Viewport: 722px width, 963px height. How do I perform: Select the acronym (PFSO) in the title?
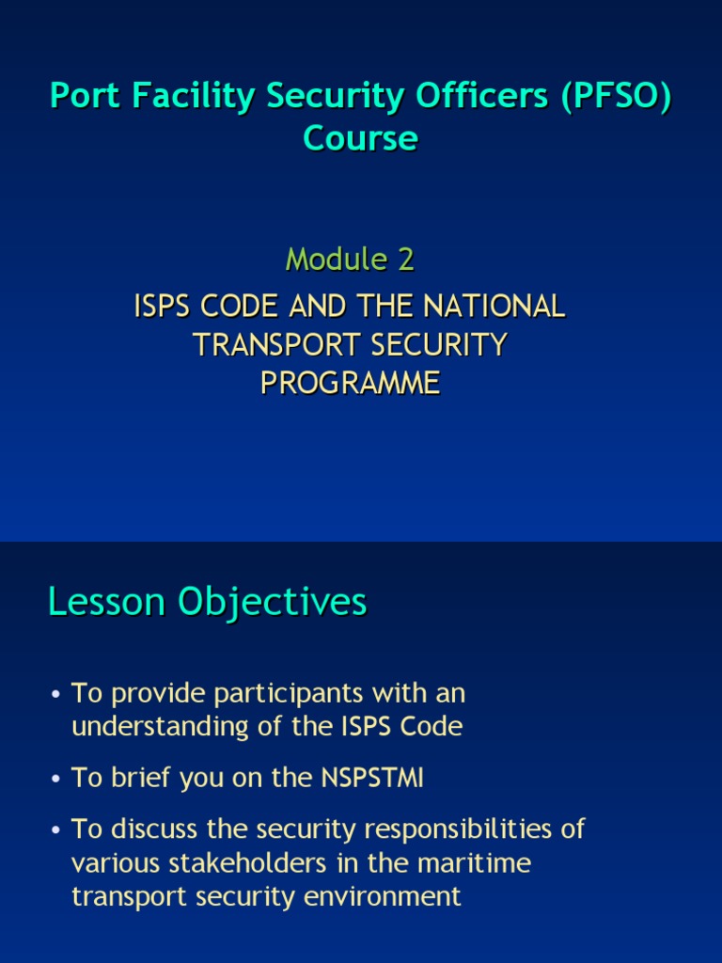pos(617,98)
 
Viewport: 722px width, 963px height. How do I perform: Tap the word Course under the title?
pos(360,138)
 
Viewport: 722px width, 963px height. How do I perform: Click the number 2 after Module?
pos(405,260)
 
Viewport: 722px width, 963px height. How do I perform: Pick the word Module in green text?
pos(337,260)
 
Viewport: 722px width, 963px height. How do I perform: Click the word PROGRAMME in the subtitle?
pos(350,384)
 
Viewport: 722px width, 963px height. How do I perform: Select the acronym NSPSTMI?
pos(369,778)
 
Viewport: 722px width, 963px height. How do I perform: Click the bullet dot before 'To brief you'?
pos(57,779)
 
